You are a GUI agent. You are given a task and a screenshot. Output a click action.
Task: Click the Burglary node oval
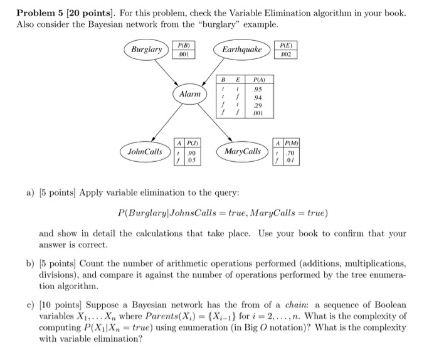[146, 49]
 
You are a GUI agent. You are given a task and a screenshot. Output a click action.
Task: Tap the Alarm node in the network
[190, 94]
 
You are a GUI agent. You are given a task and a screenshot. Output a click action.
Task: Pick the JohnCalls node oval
[144, 151]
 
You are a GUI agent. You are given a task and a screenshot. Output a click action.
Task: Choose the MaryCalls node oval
[243, 151]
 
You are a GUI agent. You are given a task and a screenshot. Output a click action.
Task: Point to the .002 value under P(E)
[287, 54]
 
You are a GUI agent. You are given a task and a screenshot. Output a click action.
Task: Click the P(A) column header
[258, 80]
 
